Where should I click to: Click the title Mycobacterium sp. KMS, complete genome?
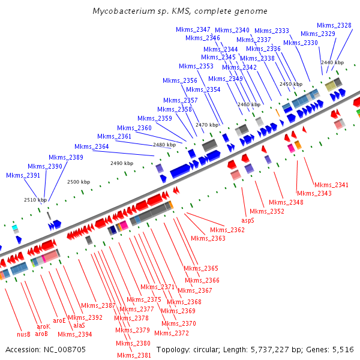180,11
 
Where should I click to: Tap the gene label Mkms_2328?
336,25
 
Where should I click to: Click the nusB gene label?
24,334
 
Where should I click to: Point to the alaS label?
79,325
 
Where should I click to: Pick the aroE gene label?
59,320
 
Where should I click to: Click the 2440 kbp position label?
332,62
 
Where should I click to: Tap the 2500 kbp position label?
79,181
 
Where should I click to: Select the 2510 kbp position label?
35,200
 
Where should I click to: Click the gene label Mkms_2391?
23,175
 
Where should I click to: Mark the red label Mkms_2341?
331,185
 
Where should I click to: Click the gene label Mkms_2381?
134,355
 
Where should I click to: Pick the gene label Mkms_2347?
193,29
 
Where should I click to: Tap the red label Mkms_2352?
267,211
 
